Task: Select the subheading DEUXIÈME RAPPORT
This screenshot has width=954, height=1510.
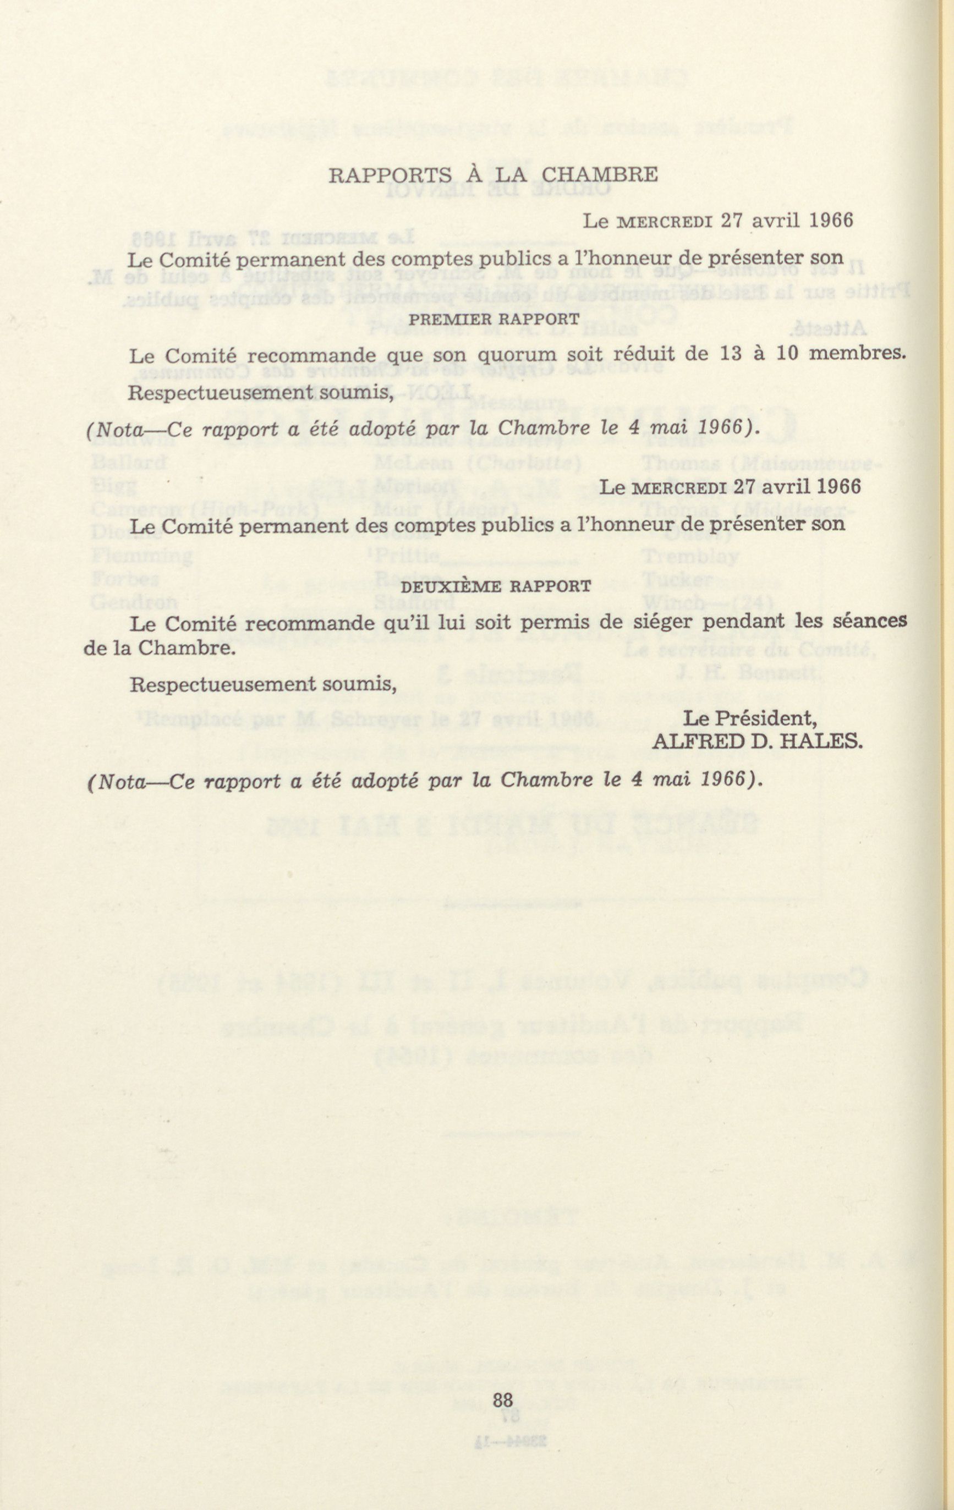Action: (496, 586)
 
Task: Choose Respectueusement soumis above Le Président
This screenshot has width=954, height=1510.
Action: (263, 684)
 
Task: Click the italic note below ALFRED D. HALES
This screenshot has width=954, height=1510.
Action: (426, 780)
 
